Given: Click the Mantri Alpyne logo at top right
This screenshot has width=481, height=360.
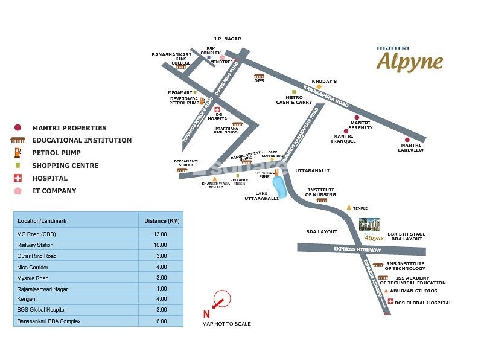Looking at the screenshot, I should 410,59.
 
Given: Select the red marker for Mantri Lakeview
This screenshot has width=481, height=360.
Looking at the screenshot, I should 407,140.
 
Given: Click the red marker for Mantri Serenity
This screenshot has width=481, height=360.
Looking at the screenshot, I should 356,118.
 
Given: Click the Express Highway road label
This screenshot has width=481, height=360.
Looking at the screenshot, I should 358,249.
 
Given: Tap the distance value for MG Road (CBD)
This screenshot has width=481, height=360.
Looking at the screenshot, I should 160,234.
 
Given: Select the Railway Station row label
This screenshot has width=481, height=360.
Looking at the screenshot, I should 36,245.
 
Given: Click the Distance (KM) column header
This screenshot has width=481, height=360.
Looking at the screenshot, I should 161,221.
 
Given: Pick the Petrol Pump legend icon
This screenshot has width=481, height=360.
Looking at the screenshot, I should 18,152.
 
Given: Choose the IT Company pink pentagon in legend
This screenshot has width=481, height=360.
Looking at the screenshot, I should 18,191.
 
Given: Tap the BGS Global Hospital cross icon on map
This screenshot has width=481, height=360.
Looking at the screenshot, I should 390,302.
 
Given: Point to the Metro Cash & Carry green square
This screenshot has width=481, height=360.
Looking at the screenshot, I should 294,92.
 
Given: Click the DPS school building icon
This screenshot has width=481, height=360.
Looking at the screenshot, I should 259,76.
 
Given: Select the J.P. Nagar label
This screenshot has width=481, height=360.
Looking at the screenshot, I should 228,39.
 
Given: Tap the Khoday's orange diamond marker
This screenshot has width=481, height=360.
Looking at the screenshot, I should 319,87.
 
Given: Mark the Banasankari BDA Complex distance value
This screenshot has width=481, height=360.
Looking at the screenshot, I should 160,321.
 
